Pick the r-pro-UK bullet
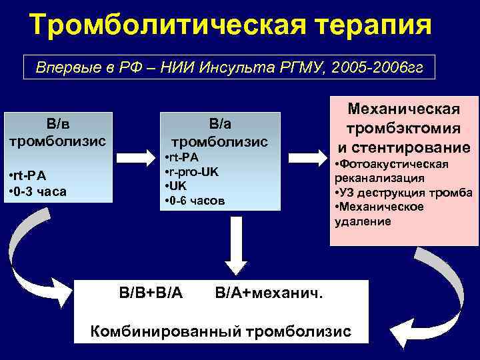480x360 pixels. (x=191, y=171)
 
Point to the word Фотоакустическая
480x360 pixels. (x=394, y=164)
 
